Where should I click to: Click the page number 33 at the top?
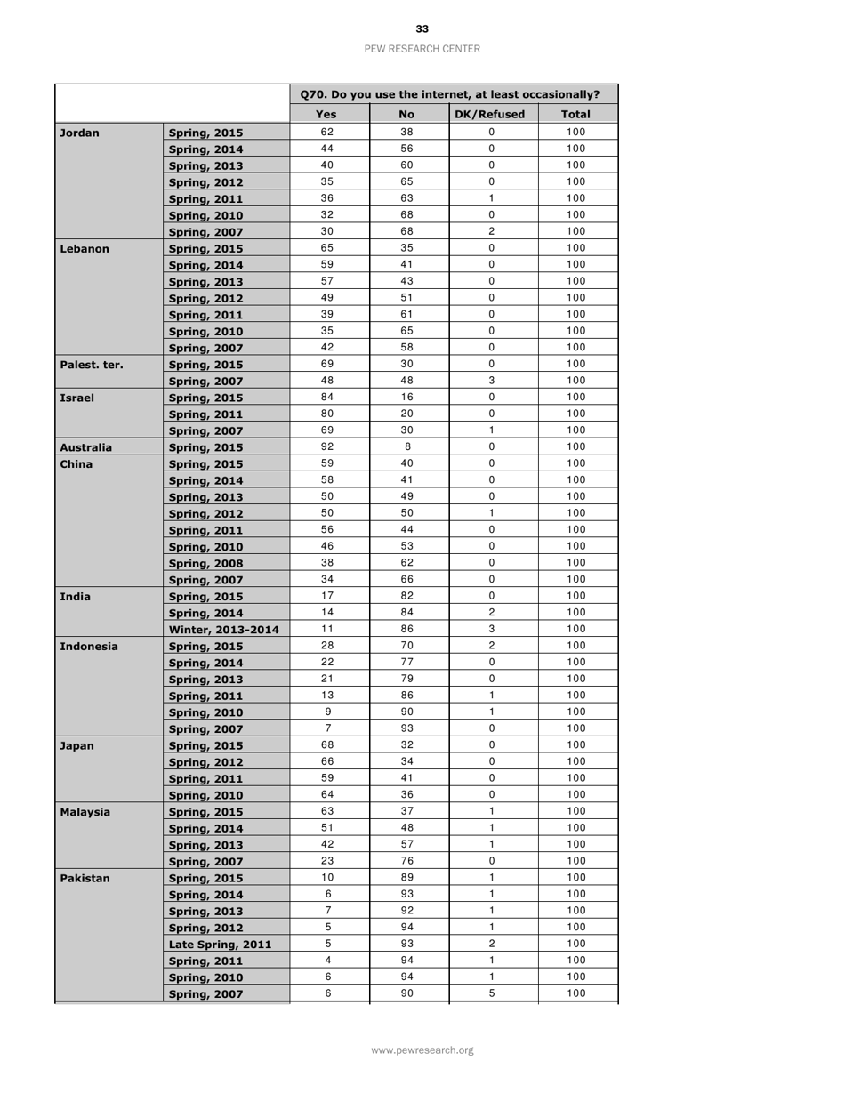coord(422,29)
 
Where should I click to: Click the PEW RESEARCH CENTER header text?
coord(422,49)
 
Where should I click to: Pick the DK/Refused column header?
coord(495,115)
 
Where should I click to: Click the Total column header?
coord(576,115)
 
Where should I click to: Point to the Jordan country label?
coord(77,133)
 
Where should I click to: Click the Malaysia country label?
coord(84,813)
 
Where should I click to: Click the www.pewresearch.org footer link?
coord(422,1050)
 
